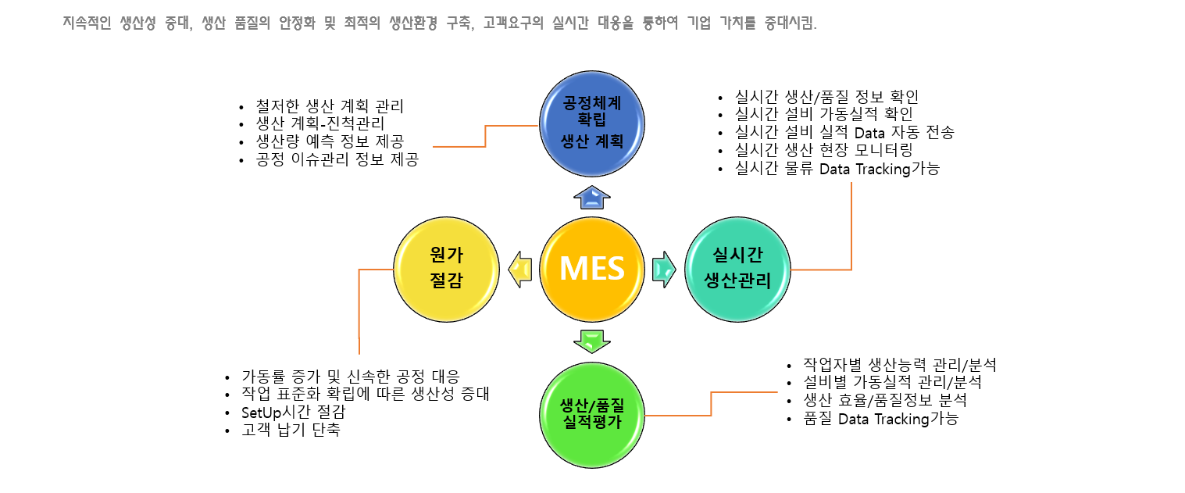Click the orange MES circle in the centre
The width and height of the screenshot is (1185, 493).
point(592,269)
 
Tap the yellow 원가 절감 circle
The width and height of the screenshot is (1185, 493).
point(446,268)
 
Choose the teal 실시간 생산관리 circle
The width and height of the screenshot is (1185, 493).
point(737,268)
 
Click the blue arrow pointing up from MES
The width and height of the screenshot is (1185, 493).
point(592,198)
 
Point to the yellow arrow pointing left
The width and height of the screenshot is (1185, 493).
point(519,269)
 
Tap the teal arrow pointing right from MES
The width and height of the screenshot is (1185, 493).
point(664,269)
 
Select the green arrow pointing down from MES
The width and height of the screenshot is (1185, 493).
point(592,341)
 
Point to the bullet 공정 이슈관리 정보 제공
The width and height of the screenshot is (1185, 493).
point(337,160)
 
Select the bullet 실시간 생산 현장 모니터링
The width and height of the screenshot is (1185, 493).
point(824,150)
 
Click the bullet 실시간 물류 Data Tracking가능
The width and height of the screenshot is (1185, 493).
point(837,169)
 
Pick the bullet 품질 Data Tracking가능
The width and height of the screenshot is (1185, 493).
point(880,419)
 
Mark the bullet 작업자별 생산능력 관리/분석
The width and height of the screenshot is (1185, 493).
point(900,364)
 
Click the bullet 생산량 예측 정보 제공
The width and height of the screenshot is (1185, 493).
point(330,141)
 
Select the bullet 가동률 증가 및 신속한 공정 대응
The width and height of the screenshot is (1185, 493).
point(351,374)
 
